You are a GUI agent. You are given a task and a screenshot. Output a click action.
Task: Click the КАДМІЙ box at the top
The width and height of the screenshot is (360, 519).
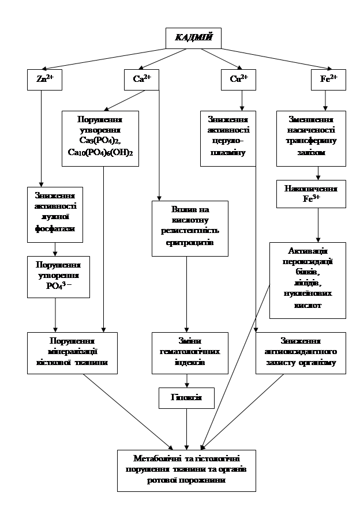(x=193, y=39)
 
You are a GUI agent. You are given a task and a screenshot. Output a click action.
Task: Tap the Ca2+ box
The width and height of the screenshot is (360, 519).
(x=141, y=80)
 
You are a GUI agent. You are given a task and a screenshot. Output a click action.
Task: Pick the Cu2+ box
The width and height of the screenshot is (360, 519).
(x=238, y=80)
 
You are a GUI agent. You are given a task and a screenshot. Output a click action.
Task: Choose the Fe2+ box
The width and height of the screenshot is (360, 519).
(x=328, y=80)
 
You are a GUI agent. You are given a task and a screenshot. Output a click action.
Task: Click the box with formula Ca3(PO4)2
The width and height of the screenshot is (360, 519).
(x=100, y=138)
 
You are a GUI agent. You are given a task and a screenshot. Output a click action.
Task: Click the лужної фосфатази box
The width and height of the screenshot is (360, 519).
(x=55, y=213)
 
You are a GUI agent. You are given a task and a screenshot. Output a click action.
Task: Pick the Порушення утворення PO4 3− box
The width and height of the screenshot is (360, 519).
(x=58, y=277)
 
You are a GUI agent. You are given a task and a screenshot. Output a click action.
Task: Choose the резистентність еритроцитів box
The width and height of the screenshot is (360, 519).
(x=190, y=228)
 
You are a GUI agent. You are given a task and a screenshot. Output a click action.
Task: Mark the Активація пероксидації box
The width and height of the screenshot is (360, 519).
(x=307, y=280)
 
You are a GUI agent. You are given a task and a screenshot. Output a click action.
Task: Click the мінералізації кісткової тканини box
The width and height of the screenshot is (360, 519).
(x=72, y=352)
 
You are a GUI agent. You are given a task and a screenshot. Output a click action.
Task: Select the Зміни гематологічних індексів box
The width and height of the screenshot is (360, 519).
(x=186, y=352)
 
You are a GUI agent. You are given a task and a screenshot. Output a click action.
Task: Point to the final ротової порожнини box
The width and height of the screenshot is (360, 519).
(x=186, y=470)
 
